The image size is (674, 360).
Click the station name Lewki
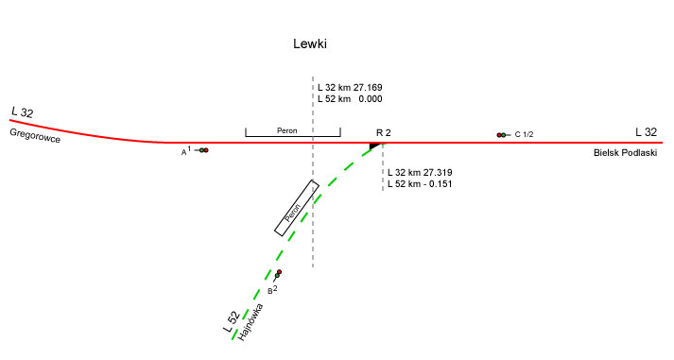tap(310, 43)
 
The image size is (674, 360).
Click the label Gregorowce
tap(35, 135)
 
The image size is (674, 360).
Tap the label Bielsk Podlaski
tap(625, 152)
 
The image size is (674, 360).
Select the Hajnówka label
tap(251, 322)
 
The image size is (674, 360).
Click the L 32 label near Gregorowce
tap(23, 112)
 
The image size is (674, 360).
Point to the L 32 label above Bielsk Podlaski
tap(646, 132)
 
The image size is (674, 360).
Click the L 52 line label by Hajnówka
tap(232, 322)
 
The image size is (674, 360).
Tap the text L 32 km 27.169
tap(350, 88)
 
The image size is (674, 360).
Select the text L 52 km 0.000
tap(350, 99)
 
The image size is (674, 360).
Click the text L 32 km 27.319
tap(420, 173)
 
